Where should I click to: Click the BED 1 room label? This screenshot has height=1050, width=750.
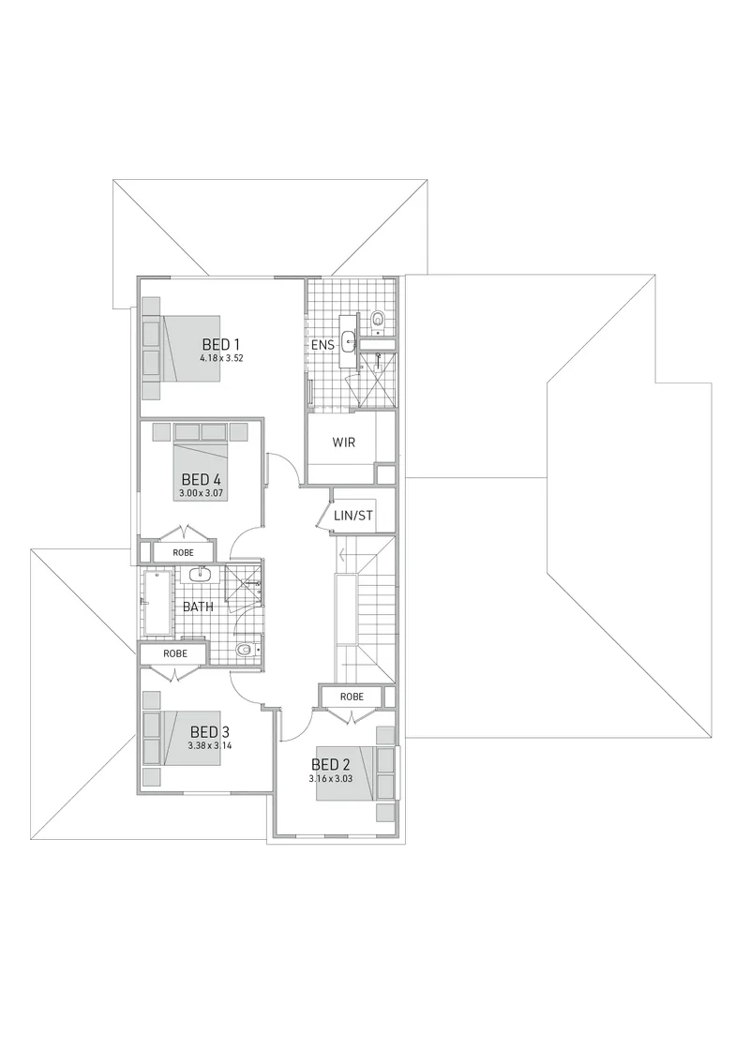[221, 344]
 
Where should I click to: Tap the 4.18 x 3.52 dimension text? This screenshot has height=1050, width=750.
[221, 358]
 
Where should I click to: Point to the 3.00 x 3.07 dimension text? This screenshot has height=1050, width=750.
[201, 494]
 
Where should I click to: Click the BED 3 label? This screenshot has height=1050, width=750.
[210, 731]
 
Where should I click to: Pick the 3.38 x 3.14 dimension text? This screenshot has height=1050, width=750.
[210, 745]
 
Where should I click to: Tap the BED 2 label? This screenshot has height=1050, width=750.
[331, 765]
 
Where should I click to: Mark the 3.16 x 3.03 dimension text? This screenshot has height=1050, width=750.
[331, 779]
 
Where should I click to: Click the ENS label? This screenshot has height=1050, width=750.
[322, 346]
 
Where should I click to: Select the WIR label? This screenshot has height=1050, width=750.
[343, 442]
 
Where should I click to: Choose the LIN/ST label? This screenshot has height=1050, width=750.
[353, 516]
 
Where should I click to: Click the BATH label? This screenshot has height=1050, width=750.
[198, 607]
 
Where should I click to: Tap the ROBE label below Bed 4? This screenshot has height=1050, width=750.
[183, 552]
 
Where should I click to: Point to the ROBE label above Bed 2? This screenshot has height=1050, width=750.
[352, 697]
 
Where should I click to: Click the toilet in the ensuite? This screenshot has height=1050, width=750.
[379, 320]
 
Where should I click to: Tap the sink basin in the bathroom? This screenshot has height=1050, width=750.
[199, 574]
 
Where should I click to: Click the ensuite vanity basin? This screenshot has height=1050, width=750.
[349, 342]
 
